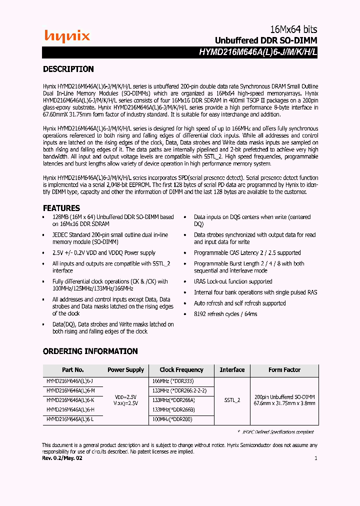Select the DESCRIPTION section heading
coord(68,69)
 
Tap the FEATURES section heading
coord(61,208)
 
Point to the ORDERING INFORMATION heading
coord(90,351)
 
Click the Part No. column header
coord(72,370)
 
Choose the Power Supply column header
coord(125,370)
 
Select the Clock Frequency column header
coord(181,370)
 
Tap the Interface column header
coord(232,370)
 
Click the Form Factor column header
coord(284,370)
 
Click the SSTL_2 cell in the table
coord(232,400)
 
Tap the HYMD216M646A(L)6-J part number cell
coord(70,381)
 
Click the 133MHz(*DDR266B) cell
coord(173,409)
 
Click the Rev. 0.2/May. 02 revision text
coord(62,458)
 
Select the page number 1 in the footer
coord(315,458)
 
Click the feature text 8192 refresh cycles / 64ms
coord(225,314)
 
